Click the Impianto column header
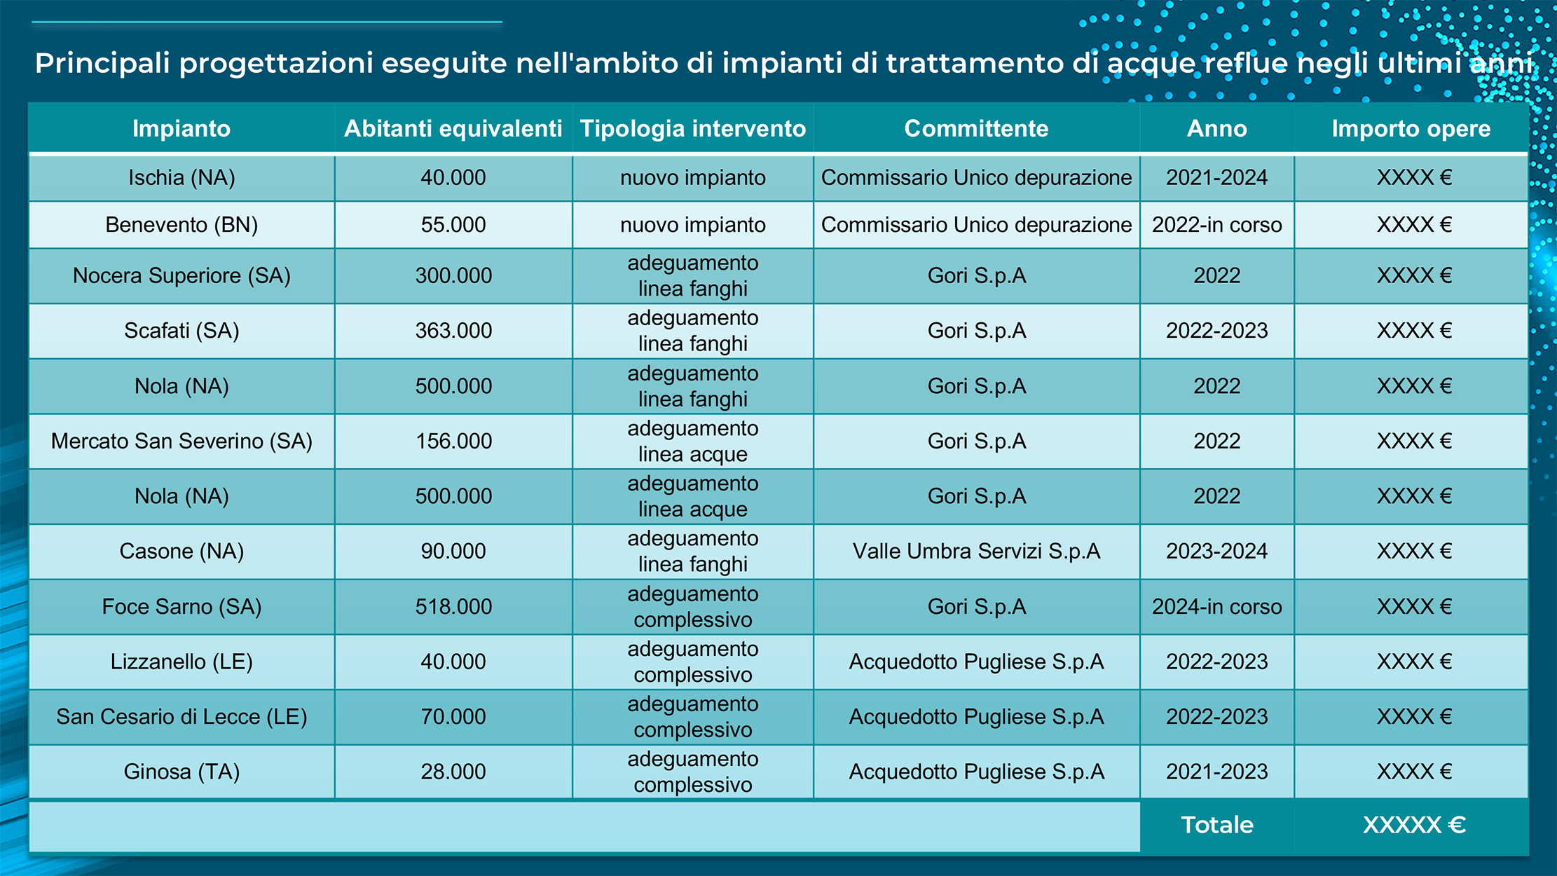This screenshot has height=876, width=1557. (181, 129)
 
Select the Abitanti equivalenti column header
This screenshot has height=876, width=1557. (453, 129)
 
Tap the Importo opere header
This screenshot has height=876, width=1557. (1411, 129)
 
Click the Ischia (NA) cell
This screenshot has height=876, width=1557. (181, 178)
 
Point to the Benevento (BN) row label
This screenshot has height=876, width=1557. (181, 225)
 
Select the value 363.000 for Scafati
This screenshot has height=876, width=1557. (453, 331)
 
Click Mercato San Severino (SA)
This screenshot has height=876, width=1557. (181, 442)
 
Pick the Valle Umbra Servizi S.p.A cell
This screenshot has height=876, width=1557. (976, 552)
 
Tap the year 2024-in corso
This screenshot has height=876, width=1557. (1216, 607)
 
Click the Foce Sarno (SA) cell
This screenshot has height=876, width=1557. (181, 607)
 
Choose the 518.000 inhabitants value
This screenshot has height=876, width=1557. (453, 607)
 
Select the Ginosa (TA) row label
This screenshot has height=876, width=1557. (181, 772)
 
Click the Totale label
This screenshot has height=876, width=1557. (1216, 825)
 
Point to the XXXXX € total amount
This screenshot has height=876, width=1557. (1413, 825)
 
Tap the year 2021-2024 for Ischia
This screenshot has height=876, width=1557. (1216, 178)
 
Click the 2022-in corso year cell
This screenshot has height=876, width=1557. (1216, 225)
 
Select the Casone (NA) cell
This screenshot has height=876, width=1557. (181, 552)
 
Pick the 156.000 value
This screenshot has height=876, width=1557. (453, 442)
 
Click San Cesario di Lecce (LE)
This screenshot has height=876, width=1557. (181, 717)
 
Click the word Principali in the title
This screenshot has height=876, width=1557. (102, 64)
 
